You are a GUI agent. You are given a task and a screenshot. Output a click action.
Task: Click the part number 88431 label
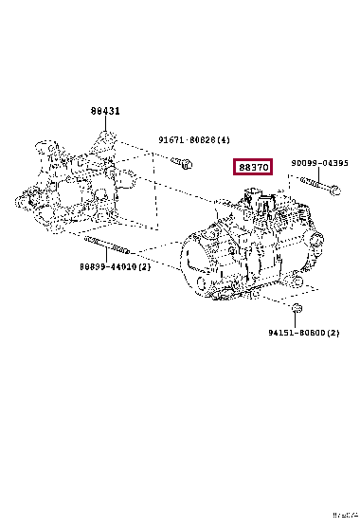105,111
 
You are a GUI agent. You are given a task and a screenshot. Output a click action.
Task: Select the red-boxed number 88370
254,168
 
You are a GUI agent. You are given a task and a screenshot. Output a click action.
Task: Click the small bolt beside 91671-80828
185,164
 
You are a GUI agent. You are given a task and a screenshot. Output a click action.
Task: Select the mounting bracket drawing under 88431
71,180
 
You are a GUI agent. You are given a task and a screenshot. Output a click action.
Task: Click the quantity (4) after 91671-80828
224,140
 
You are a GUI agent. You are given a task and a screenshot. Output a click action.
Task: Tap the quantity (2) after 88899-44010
145,267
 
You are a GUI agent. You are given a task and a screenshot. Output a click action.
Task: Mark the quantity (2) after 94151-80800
333,333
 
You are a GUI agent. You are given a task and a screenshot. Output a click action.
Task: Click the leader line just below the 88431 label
105,124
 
